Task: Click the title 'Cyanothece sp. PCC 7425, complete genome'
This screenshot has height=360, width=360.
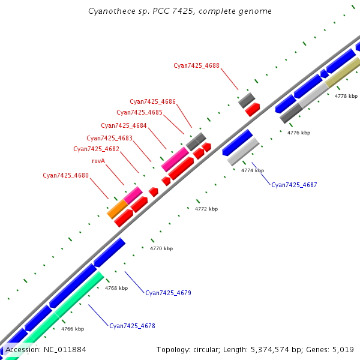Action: pyautogui.click(x=179, y=11)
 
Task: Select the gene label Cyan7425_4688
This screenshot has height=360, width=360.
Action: pyautogui.click(x=196, y=65)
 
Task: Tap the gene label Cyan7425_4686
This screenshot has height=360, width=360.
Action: pyautogui.click(x=152, y=102)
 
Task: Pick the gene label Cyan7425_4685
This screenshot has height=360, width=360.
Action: pyautogui.click(x=139, y=113)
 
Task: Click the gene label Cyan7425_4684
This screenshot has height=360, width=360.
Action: pyautogui.click(x=124, y=126)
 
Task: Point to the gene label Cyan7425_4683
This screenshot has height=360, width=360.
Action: pyautogui.click(x=109, y=139)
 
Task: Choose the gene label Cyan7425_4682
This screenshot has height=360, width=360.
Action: pyautogui.click(x=96, y=149)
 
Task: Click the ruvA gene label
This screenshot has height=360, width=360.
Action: pyautogui.click(x=98, y=161)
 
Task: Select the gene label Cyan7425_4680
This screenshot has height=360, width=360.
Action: pyautogui.click(x=65, y=176)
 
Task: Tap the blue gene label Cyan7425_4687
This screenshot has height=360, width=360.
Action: pyautogui.click(x=294, y=185)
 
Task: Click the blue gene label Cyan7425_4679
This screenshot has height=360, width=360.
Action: pyautogui.click(x=168, y=293)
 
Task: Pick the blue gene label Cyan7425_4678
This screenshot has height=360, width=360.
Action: pyautogui.click(x=132, y=326)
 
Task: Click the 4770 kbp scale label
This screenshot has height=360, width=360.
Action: pyautogui.click(x=161, y=248)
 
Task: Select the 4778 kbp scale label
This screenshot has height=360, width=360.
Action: pyautogui.click(x=346, y=96)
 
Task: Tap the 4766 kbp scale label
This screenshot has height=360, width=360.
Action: pyautogui.click(x=73, y=329)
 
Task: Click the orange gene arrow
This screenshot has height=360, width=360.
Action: pyautogui.click(x=117, y=209)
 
